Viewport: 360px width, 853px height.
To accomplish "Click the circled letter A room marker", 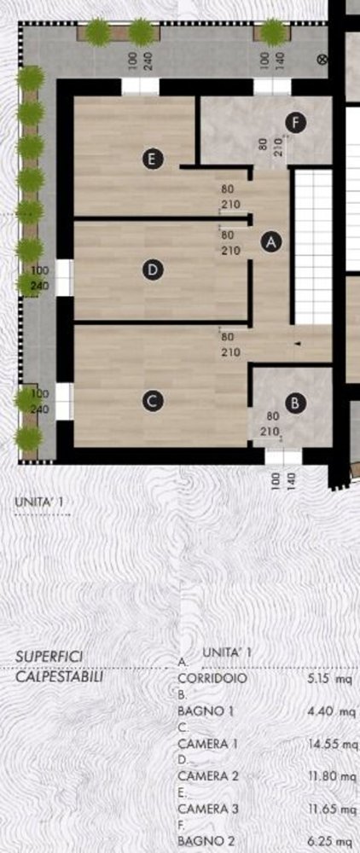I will click(x=271, y=242).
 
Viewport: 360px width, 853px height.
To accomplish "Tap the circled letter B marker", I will click(x=294, y=403).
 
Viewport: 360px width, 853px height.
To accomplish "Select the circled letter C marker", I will click(x=152, y=400).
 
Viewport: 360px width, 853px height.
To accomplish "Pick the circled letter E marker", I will click(x=152, y=159).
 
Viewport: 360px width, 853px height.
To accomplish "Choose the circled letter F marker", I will click(x=295, y=123).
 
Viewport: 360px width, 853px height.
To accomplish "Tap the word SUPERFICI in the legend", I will click(x=46, y=659).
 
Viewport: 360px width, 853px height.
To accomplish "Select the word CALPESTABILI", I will click(x=60, y=677).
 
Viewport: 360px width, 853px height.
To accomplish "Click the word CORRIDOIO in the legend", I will click(x=212, y=679).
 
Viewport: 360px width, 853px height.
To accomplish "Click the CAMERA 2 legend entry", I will click(x=207, y=776).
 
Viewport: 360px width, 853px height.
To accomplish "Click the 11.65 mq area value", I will click(x=331, y=809).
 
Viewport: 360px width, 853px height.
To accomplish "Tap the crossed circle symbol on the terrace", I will click(x=322, y=60).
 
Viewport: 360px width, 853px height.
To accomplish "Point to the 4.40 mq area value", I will click(x=331, y=711).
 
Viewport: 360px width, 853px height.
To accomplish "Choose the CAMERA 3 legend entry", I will click(x=207, y=809).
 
